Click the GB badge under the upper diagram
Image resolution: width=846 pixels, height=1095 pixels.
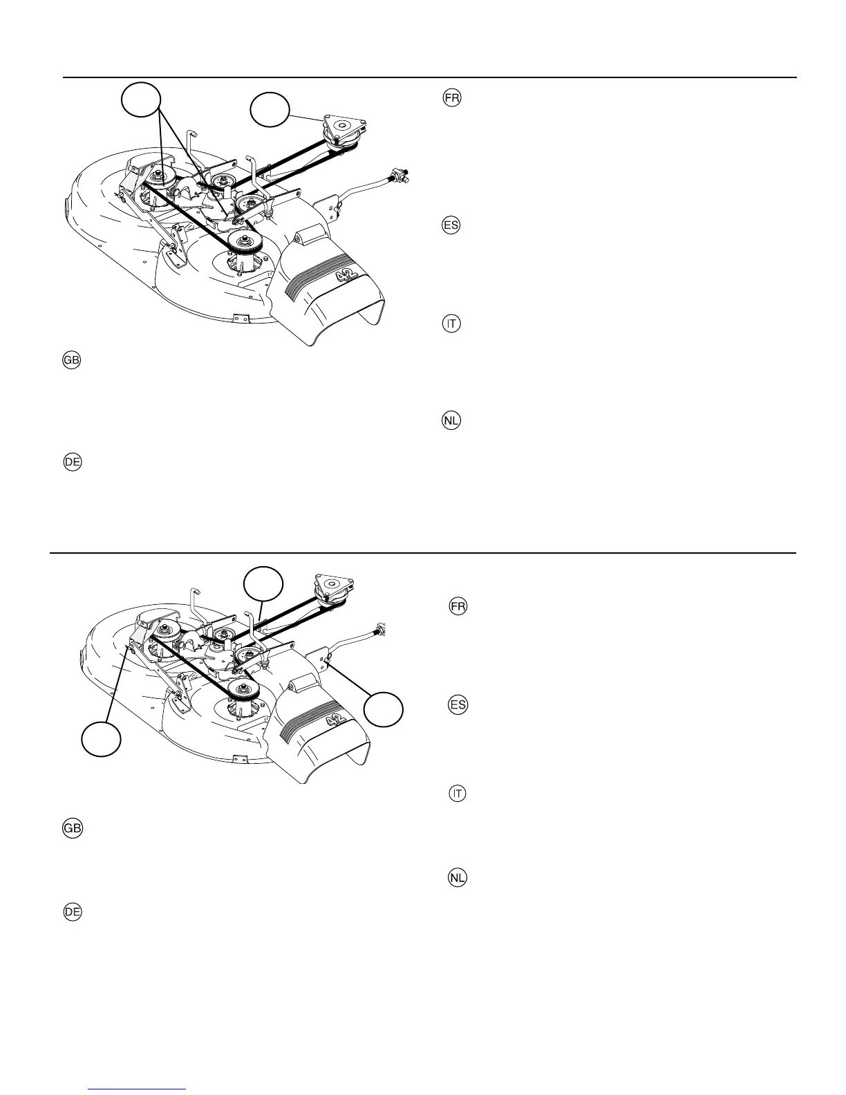click(72, 360)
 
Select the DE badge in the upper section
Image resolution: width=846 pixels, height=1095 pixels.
click(72, 462)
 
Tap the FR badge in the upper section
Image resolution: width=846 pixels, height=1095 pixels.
click(451, 98)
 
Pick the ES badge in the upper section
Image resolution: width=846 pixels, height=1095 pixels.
click(451, 225)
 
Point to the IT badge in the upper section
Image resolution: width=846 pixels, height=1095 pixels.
click(451, 324)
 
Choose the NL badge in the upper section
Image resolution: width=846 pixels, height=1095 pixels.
click(451, 420)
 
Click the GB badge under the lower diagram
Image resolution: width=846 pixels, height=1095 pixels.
click(72, 829)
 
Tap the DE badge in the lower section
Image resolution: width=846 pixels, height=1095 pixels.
click(72, 912)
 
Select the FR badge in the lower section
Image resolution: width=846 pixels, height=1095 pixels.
click(458, 606)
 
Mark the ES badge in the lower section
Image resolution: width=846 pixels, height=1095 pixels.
click(458, 705)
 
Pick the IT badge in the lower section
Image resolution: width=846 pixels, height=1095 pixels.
click(457, 794)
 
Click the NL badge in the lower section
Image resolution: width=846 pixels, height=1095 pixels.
click(457, 878)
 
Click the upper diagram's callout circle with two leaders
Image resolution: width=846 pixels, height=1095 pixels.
click(141, 101)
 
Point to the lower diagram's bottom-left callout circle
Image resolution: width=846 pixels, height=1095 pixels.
click(101, 738)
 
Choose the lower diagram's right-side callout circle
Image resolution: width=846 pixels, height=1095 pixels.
click(384, 709)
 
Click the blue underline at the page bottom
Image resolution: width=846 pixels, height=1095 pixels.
click(138, 1089)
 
